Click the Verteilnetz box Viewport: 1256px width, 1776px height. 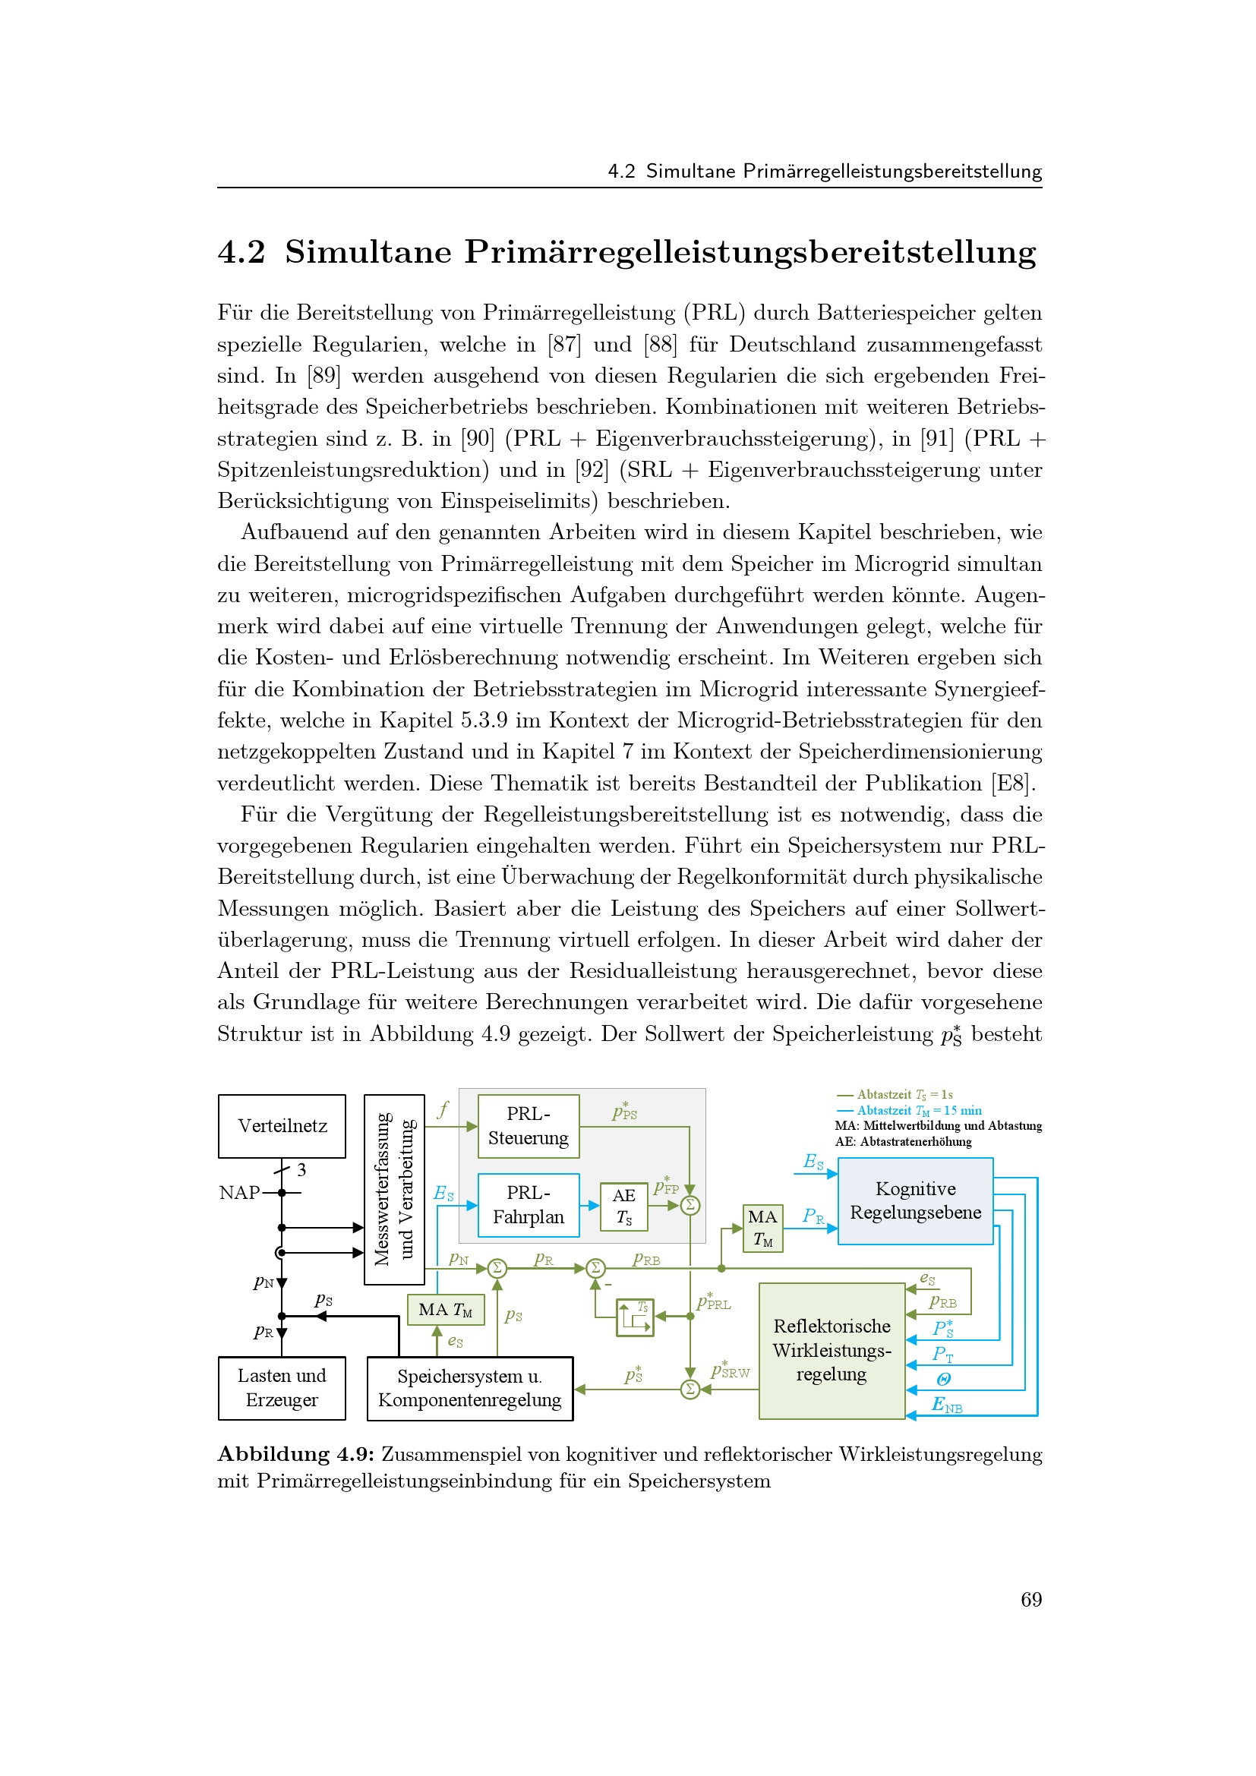[282, 1125]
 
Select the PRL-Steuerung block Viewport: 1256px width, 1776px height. [529, 1125]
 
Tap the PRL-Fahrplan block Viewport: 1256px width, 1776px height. [529, 1205]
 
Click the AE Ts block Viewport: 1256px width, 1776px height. [624, 1207]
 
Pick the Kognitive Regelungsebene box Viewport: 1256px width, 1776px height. [915, 1200]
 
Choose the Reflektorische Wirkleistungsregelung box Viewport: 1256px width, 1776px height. [832, 1351]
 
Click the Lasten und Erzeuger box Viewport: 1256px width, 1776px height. [282, 1388]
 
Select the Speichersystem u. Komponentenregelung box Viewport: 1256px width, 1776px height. [469, 1388]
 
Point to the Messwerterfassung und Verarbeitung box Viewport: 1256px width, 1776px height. [393, 1189]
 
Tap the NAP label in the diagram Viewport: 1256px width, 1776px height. [239, 1193]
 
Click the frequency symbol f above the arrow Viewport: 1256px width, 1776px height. [443, 1111]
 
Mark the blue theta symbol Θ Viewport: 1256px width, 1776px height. [943, 1379]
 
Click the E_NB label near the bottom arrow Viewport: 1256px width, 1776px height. [947, 1404]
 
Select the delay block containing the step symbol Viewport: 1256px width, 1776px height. [635, 1317]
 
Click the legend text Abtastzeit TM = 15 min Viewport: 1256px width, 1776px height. [919, 1111]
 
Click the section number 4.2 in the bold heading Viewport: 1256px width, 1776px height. [241, 253]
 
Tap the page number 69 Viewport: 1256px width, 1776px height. [1031, 1600]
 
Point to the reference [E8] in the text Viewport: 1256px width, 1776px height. [1012, 784]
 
